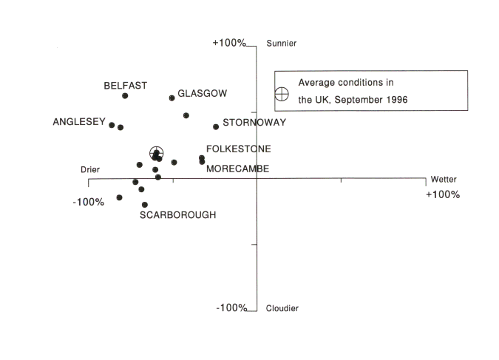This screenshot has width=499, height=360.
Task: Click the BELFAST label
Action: click(125, 86)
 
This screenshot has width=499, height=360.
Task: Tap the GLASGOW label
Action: click(203, 94)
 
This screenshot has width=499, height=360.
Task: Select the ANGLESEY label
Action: click(79, 123)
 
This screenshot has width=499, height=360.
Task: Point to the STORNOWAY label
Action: click(254, 123)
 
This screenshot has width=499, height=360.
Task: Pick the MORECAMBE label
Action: click(237, 169)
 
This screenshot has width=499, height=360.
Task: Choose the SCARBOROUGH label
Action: click(178, 215)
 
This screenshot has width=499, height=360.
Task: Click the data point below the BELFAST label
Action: click(125, 96)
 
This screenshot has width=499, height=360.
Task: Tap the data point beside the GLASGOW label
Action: click(172, 98)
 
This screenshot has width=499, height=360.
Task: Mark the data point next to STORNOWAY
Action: click(216, 126)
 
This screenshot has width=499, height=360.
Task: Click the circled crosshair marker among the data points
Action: click(156, 154)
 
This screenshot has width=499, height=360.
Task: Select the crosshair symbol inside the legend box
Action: click(282, 94)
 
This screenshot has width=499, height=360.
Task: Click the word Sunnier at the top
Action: click(281, 44)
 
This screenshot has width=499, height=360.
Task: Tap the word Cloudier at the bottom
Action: click(282, 308)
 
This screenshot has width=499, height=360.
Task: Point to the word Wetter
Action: click(444, 180)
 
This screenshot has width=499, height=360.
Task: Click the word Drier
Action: click(90, 170)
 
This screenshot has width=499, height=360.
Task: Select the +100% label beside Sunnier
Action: click(228, 43)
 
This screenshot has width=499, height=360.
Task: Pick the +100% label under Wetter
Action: click(443, 194)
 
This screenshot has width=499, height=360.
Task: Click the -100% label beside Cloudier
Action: click(231, 308)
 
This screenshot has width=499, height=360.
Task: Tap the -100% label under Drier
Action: click(88, 202)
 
